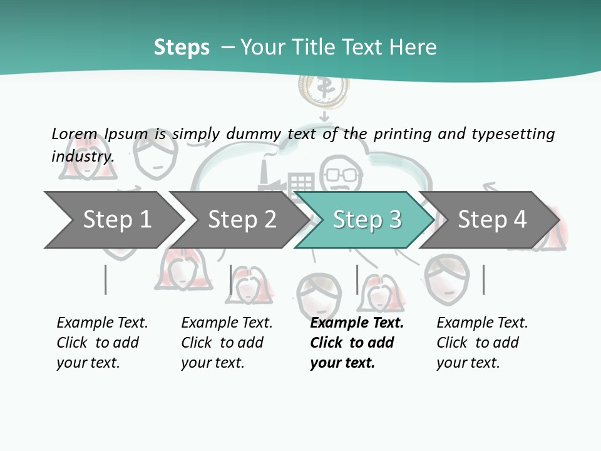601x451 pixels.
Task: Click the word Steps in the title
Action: coord(182,48)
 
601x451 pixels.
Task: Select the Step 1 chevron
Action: coord(113,220)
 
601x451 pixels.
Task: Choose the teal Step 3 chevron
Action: coord(366,220)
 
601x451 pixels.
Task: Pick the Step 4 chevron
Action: coord(491,220)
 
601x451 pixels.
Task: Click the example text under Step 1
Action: coord(101,343)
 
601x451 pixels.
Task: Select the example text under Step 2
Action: coord(226,343)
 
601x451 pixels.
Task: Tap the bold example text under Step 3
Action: coord(356,343)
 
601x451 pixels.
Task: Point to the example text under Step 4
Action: coord(481,343)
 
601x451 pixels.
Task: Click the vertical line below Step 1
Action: coord(105,279)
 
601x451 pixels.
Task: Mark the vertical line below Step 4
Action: coord(483,279)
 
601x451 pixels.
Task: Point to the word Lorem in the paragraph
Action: coord(74,133)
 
